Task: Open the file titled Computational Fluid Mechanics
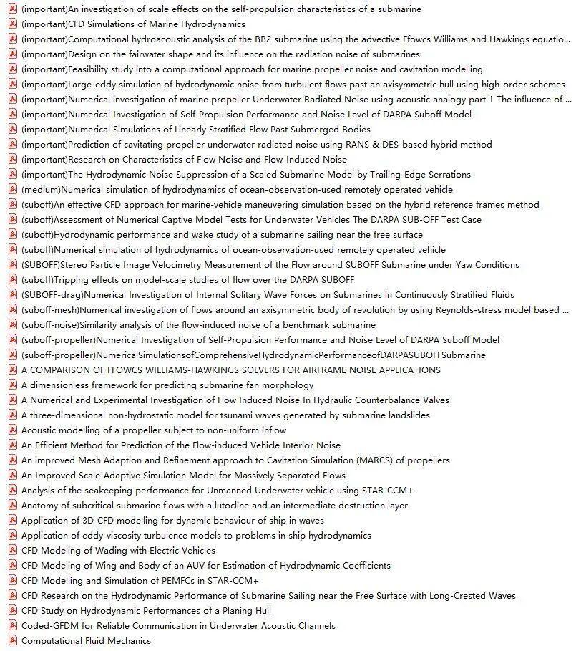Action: click(86, 641)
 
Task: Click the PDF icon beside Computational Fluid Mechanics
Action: click(12, 641)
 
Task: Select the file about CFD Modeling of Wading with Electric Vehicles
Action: click(118, 551)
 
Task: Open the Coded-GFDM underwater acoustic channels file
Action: click(178, 626)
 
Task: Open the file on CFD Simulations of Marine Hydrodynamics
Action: click(133, 24)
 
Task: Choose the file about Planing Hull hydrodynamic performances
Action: click(146, 611)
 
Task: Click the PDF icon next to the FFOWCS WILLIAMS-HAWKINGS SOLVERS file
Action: click(12, 370)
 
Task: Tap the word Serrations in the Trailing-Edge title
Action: click(446, 175)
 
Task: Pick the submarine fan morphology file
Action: click(167, 385)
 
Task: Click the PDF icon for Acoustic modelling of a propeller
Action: click(12, 430)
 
